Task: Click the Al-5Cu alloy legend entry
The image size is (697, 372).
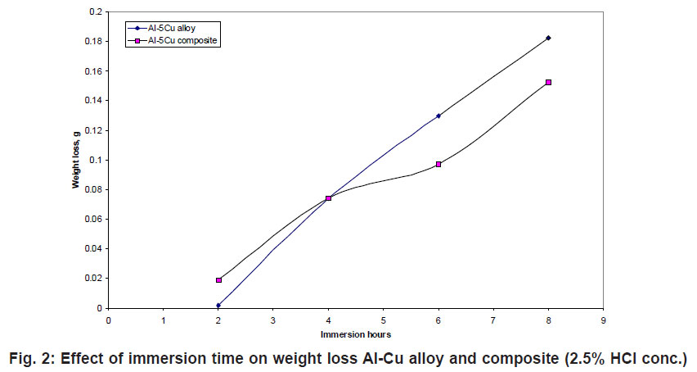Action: tap(166, 28)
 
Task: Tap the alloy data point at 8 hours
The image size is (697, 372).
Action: tap(548, 38)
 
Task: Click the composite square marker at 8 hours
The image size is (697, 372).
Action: tap(548, 82)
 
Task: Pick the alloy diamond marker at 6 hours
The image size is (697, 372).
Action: tap(438, 116)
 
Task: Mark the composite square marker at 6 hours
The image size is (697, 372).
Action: tap(438, 164)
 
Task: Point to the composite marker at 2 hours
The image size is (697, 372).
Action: tap(218, 280)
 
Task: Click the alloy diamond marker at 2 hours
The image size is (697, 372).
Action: tap(218, 305)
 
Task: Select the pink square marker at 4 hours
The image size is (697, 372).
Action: tap(328, 198)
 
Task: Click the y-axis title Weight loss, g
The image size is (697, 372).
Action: tap(75, 161)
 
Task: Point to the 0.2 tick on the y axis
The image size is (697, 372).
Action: tap(96, 12)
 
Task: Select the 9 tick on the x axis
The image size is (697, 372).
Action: tap(603, 320)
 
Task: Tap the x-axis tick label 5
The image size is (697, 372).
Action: tap(384, 320)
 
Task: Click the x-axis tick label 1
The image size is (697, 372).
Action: tap(164, 320)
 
